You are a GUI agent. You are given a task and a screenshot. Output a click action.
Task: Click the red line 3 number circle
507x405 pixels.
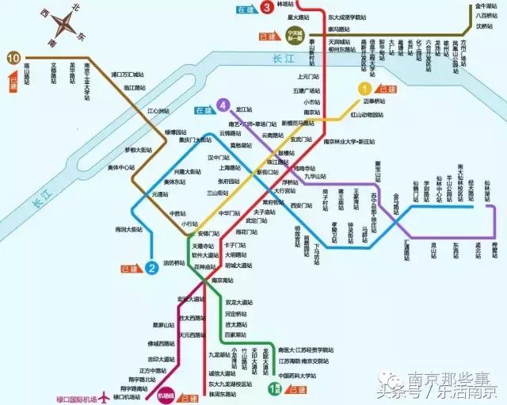click(x=268, y=8)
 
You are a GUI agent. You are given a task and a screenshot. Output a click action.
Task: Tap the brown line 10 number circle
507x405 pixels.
click(x=13, y=58)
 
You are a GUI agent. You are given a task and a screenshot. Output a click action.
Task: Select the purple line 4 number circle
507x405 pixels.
click(x=224, y=105)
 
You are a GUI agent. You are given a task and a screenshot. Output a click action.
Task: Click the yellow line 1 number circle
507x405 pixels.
click(x=365, y=89)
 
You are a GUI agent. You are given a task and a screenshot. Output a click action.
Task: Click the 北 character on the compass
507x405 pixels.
click(x=75, y=8)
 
